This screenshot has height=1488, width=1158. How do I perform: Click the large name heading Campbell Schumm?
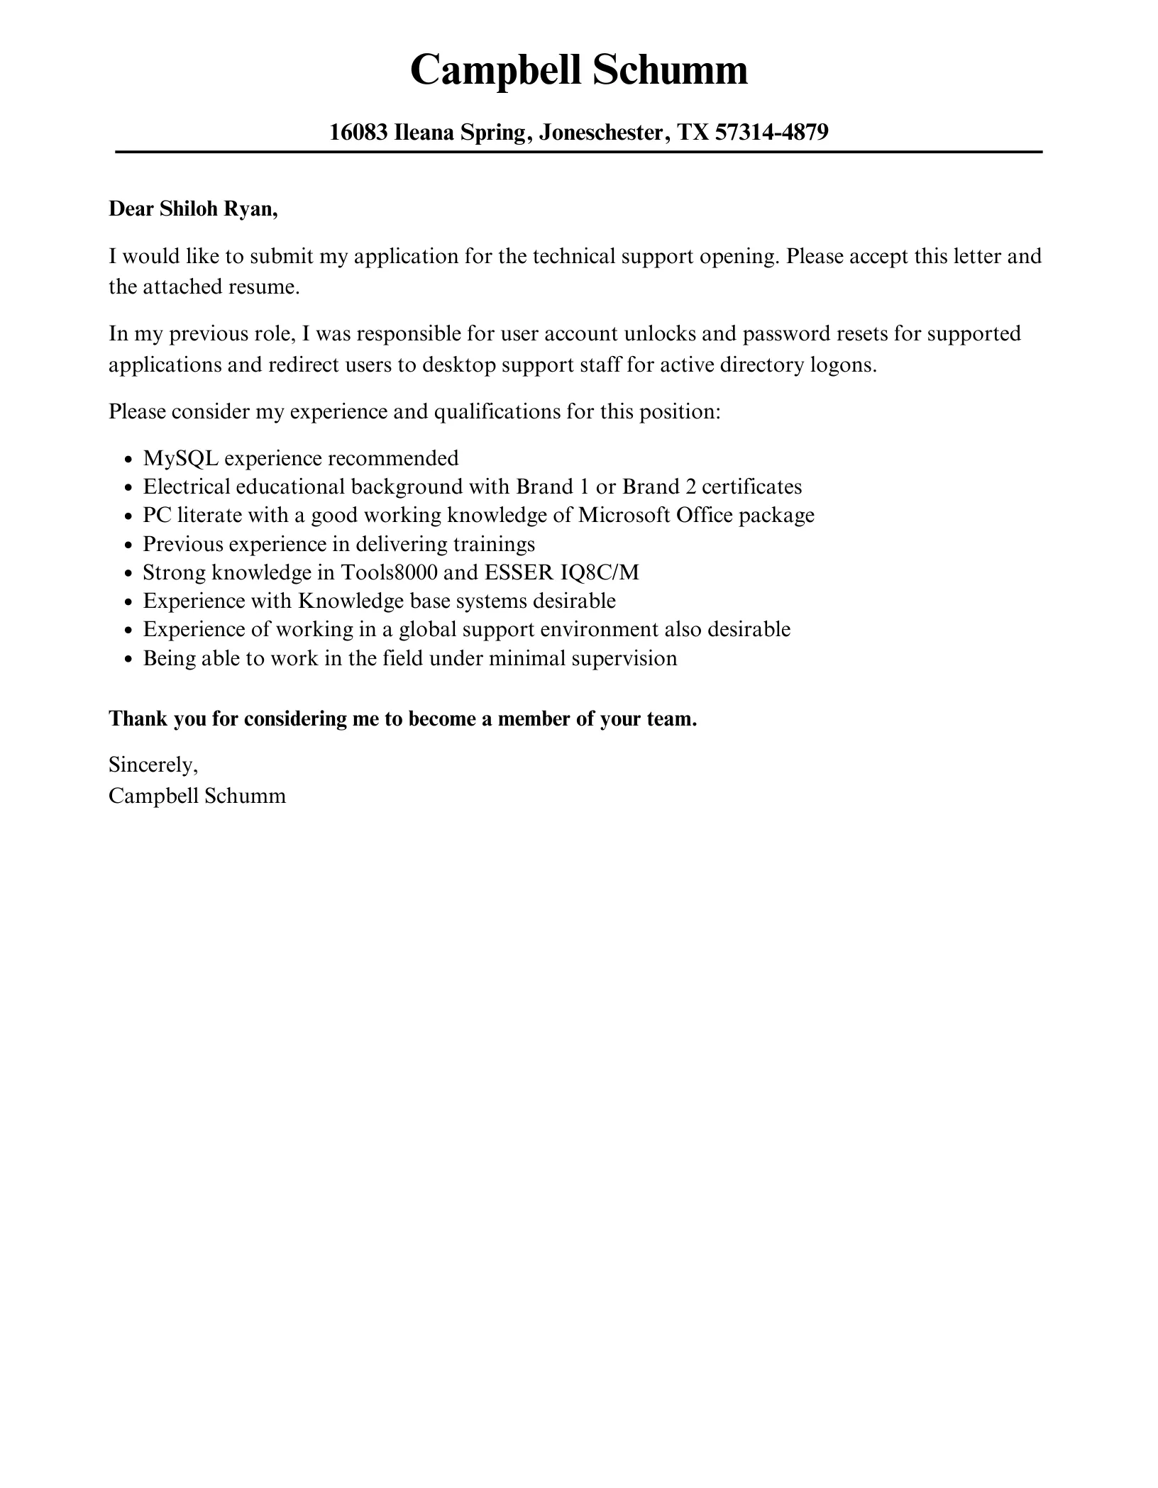point(579,71)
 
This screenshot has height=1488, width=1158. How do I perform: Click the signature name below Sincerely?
point(197,796)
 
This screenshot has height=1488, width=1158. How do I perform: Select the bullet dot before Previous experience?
point(128,545)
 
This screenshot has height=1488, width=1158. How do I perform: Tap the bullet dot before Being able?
point(128,660)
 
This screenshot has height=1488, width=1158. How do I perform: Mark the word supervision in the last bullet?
point(624,658)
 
